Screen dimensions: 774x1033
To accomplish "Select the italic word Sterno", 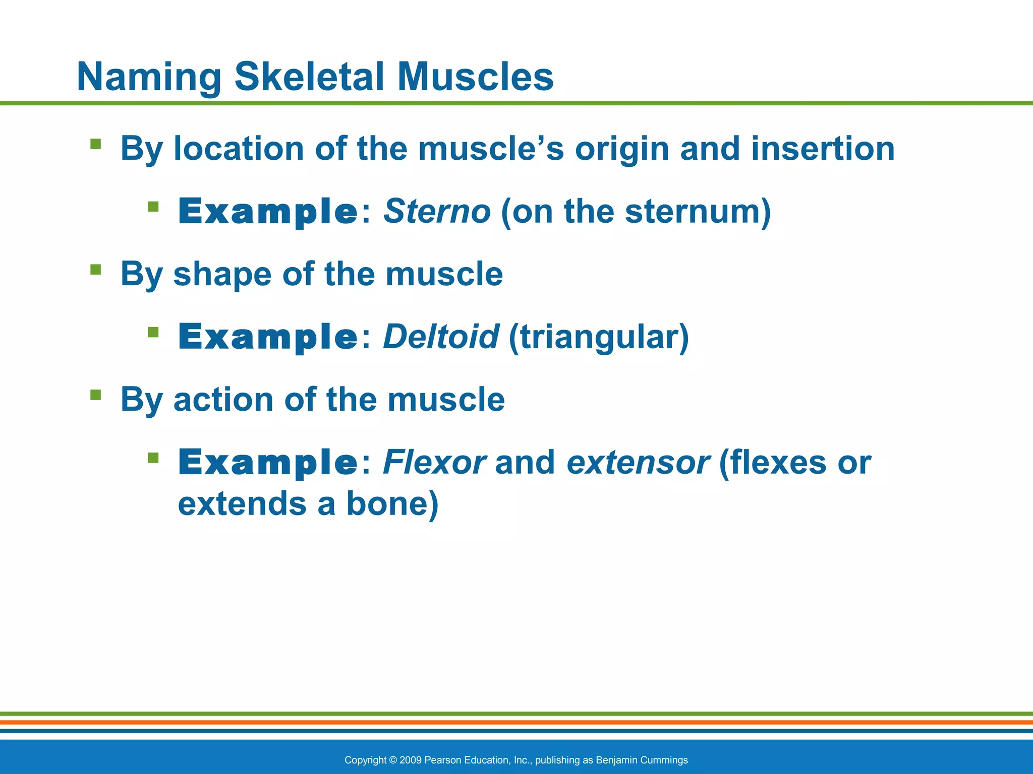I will (437, 211).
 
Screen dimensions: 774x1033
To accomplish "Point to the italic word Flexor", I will (434, 462).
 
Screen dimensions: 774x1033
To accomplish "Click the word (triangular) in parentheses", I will (599, 338).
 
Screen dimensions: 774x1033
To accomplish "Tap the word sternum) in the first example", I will (698, 211).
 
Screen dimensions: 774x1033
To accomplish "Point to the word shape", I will (222, 275).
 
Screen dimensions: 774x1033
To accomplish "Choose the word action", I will (223, 400).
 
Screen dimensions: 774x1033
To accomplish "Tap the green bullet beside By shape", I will (95, 270).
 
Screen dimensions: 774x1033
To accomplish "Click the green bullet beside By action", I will (95, 395).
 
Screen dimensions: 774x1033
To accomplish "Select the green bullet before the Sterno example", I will (153, 207).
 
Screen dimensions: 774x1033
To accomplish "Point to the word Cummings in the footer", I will (666, 760).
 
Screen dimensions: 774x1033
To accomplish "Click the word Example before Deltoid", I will (268, 337).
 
